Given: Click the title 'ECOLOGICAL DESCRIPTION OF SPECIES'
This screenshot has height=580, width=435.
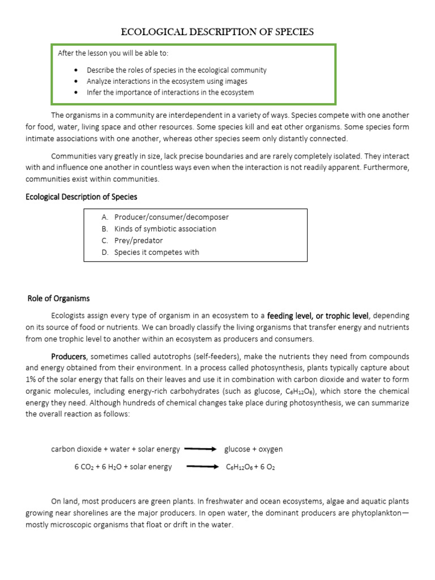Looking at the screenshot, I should [217, 32].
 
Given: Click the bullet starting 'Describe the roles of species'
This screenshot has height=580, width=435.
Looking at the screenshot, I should [176, 70].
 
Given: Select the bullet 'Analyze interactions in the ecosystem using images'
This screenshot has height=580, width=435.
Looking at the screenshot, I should [167, 81].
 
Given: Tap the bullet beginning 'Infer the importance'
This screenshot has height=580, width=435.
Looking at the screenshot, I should [170, 92].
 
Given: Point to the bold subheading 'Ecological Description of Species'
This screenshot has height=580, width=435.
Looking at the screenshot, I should [82, 197].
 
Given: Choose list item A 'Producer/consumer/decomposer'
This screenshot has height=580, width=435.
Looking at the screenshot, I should [171, 217].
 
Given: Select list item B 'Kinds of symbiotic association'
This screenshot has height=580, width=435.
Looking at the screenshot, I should [165, 229].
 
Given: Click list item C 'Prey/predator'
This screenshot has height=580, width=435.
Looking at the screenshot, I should [138, 241].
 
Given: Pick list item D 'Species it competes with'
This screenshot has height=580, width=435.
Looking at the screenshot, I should [156, 253].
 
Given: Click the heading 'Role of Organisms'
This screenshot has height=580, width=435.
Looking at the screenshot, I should [58, 298].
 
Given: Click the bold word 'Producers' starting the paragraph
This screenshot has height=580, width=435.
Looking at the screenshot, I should [69, 357].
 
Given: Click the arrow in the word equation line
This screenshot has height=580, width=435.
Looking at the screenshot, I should [201, 449].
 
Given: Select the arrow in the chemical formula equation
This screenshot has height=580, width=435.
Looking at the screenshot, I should [202, 467].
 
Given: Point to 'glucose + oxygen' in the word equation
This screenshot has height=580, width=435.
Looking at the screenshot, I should [253, 449].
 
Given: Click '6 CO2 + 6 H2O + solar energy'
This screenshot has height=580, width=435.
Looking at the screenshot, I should [123, 467].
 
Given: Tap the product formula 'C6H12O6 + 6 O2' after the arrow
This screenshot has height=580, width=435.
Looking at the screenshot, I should [250, 467].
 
